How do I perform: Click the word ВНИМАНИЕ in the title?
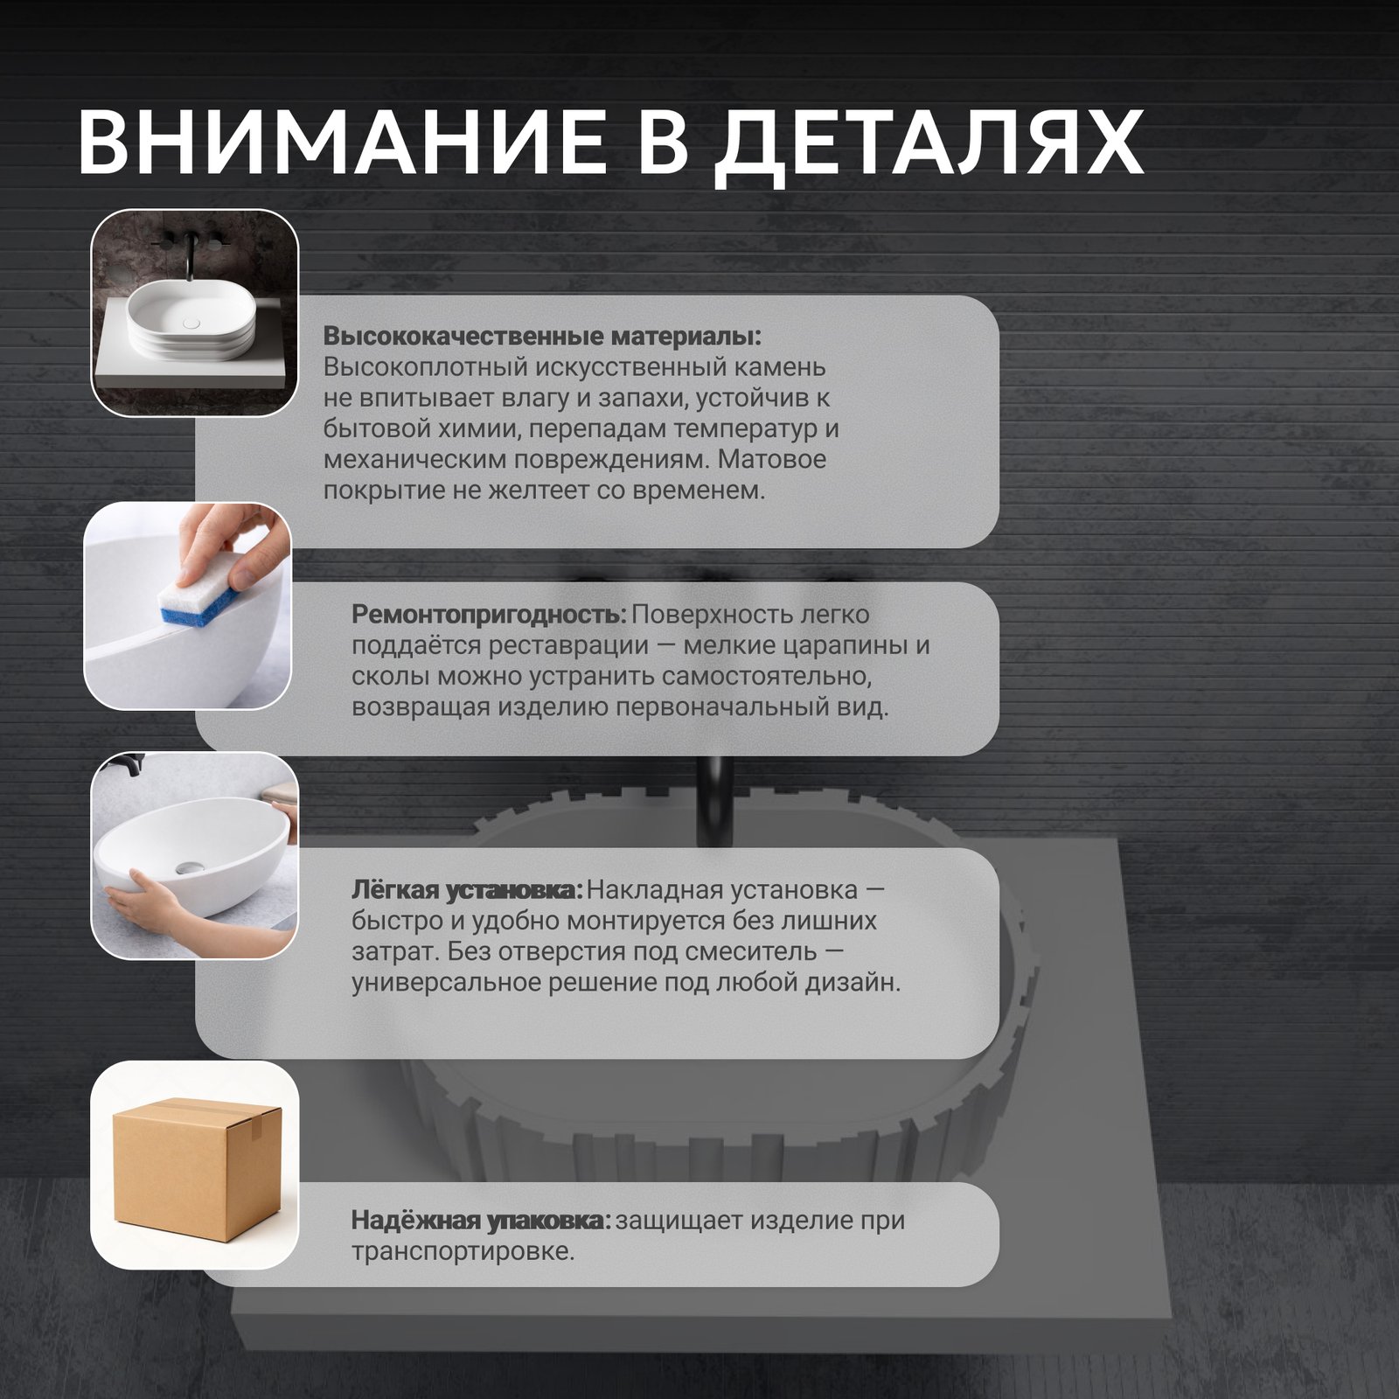coord(342,143)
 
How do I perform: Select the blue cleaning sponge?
coord(198,595)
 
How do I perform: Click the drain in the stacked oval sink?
coord(191,323)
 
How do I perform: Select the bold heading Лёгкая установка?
coord(467,890)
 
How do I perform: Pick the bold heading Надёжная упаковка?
coord(482,1220)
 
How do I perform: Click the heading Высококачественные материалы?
coord(542,337)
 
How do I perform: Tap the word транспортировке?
coord(463,1251)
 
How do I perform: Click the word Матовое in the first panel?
coord(772,459)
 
